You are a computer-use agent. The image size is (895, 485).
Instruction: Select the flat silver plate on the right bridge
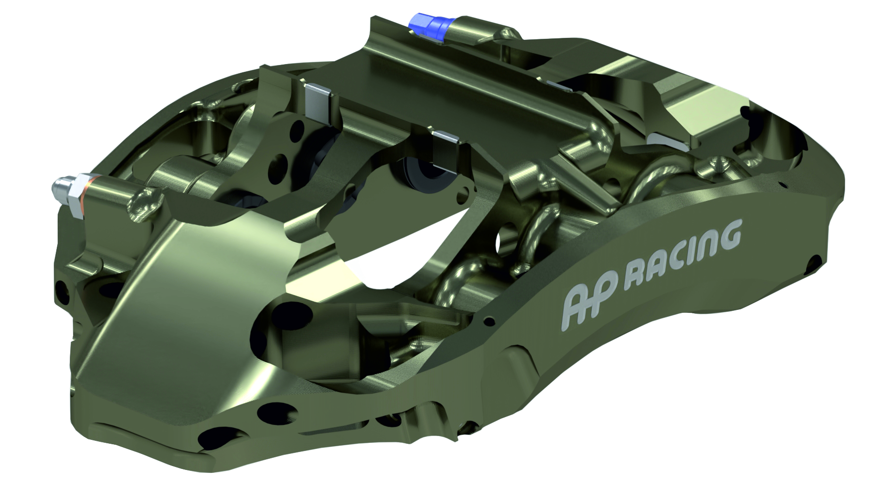point(669,141)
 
